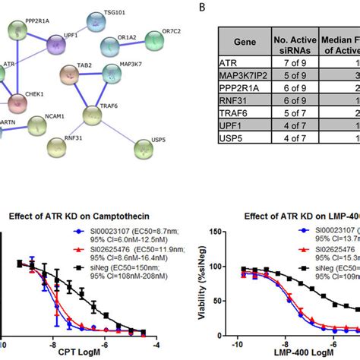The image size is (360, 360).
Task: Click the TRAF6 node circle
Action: point(92,115)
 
